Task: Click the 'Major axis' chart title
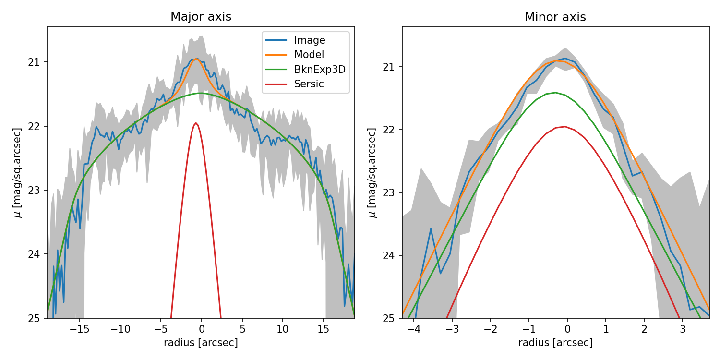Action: click(x=201, y=17)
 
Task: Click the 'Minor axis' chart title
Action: click(x=555, y=17)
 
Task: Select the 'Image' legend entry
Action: click(x=310, y=40)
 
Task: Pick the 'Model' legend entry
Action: click(x=309, y=55)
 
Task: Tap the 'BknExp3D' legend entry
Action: click(x=320, y=69)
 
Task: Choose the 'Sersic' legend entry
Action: click(x=309, y=84)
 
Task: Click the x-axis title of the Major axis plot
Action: click(x=201, y=343)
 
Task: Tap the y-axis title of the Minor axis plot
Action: click(x=372, y=173)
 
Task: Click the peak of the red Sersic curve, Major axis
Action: click(x=196, y=123)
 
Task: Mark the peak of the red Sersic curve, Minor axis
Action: click(x=564, y=127)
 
